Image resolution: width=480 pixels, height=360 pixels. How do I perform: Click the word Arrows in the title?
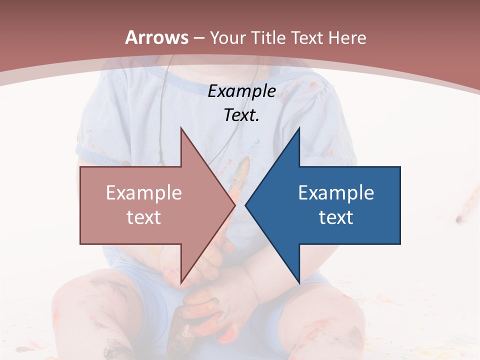(157, 37)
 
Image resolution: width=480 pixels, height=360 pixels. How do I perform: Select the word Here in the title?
(347, 37)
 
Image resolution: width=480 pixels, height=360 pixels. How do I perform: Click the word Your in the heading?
(228, 37)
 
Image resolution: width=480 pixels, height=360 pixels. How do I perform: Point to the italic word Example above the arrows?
(241, 91)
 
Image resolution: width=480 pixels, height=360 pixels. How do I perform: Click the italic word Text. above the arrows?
(241, 115)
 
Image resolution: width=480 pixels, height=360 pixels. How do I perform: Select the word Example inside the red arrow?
(144, 192)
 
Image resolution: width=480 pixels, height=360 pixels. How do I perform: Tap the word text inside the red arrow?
(144, 217)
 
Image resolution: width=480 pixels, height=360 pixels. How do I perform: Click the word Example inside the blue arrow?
(336, 192)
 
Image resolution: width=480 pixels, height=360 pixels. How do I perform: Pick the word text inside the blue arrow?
(336, 217)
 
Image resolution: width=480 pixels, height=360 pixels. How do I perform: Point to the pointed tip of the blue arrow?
(246, 205)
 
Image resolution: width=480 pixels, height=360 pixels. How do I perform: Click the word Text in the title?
(308, 37)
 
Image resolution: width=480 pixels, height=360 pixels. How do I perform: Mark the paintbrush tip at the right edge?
(460, 217)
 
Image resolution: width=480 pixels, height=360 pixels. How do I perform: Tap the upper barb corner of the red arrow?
(181, 128)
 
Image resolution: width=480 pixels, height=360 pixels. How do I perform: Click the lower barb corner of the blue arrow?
(299, 282)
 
